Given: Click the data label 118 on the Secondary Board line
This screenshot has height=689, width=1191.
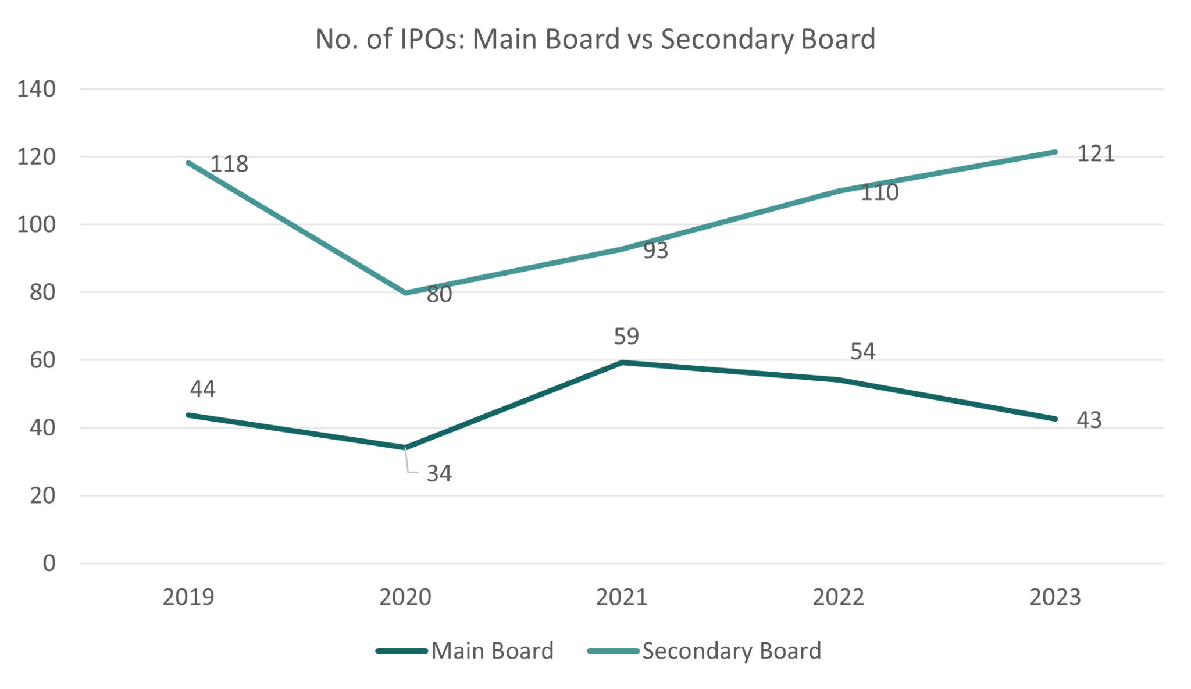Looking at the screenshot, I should (x=229, y=164).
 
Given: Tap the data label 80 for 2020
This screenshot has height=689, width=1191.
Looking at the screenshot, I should (x=439, y=295).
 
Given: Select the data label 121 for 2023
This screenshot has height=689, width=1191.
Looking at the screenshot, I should (x=1096, y=154).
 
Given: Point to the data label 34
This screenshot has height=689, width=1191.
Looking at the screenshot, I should (x=439, y=474).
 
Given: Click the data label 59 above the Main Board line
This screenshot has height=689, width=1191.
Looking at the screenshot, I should (x=626, y=336).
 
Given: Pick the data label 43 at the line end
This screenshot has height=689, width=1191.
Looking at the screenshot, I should (x=1089, y=420).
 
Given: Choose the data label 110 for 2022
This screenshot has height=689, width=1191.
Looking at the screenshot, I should (x=879, y=192).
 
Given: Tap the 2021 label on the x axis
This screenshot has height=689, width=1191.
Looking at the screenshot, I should (x=622, y=597).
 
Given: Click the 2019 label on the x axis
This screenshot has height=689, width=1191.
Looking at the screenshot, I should (x=188, y=597).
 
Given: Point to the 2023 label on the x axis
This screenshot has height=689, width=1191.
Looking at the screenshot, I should (x=1055, y=597).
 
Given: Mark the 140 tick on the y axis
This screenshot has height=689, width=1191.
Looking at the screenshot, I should (x=36, y=89).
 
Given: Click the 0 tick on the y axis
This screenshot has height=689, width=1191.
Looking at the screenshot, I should (x=49, y=563).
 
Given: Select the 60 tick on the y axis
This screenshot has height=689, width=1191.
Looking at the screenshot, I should (x=42, y=360).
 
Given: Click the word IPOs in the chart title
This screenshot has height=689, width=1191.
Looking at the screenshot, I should (x=426, y=40).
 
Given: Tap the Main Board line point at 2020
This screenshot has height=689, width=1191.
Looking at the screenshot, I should (x=405, y=447).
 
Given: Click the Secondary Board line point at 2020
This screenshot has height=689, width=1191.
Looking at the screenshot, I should (x=405, y=292).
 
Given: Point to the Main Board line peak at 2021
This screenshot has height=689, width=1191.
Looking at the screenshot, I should (x=622, y=363).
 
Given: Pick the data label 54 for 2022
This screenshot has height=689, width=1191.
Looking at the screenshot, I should (x=862, y=351).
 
